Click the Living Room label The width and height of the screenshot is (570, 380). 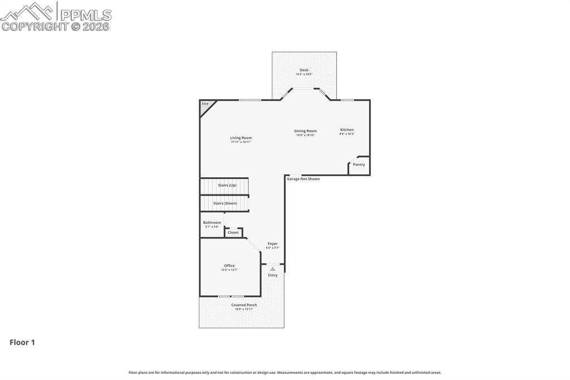(241, 138)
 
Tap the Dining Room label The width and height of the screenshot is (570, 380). (305, 131)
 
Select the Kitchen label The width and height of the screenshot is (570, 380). (347, 130)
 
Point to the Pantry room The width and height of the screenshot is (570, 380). (359, 165)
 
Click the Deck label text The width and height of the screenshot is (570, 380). (304, 70)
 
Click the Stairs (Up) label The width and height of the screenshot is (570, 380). (227, 185)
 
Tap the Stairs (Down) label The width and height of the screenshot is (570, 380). (225, 203)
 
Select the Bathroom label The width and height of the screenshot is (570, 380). (212, 223)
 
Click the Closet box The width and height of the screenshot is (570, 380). (233, 232)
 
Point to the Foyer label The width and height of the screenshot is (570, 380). (272, 244)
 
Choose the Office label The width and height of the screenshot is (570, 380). (229, 266)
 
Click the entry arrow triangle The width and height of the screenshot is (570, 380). (273, 269)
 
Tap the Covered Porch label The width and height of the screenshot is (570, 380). (244, 305)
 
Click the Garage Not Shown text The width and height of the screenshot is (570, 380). (303, 179)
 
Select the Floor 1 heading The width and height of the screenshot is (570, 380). (22, 343)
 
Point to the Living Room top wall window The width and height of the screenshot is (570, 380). (250, 100)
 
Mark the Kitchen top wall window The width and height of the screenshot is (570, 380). (347, 100)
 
